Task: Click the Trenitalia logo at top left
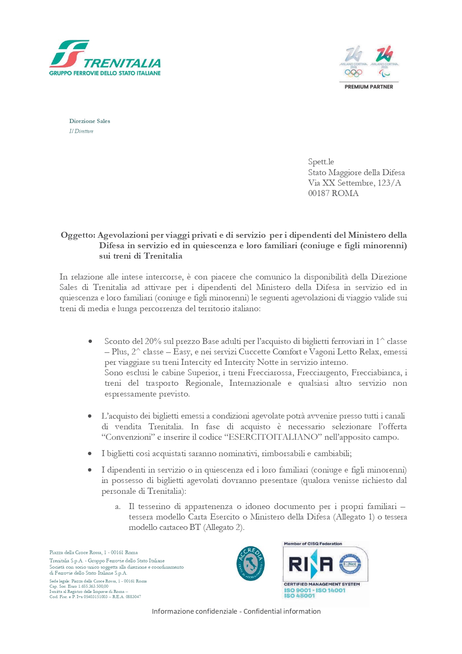pos(105,58)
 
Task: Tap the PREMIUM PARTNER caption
pos(369,87)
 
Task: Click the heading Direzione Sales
pos(90,121)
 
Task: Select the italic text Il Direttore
pos(81,131)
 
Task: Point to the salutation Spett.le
pos(321,162)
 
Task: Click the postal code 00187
pos(319,193)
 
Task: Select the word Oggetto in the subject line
pos(77,235)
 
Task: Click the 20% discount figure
pos(153,341)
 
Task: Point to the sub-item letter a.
pos(118,506)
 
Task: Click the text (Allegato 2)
pos(224,527)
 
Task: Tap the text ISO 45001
pos(299,596)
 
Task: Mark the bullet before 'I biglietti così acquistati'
pos(90,454)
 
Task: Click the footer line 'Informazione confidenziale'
pos(236,612)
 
